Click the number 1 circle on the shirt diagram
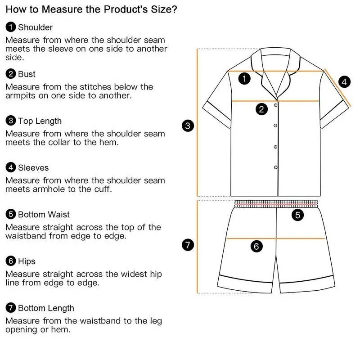point(244,78)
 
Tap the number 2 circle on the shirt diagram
point(261,109)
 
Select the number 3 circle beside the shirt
point(188,126)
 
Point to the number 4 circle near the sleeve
point(344,82)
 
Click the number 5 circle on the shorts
point(297,215)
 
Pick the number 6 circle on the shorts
point(256,246)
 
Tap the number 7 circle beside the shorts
point(188,245)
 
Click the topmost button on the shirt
point(275,105)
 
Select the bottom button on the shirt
point(275,167)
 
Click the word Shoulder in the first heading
point(36,27)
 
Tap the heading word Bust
point(27,74)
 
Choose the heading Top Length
point(40,121)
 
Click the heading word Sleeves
point(33,167)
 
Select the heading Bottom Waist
point(44,215)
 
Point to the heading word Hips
point(27,261)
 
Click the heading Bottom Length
point(46,308)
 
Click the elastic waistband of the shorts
point(276,204)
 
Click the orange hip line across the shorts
point(275,238)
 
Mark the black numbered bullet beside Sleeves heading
point(11,167)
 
